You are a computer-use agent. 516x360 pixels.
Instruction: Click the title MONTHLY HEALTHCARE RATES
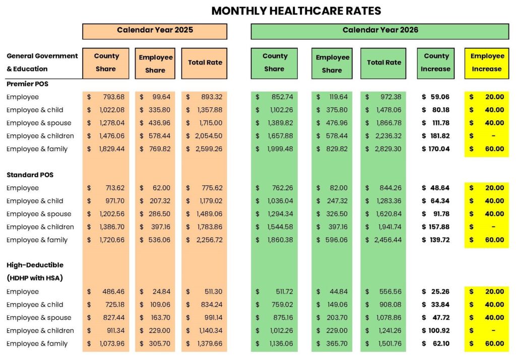click(x=296, y=11)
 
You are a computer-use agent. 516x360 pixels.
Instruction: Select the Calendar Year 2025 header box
click(x=155, y=30)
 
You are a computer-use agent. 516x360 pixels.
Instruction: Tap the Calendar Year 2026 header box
click(x=380, y=30)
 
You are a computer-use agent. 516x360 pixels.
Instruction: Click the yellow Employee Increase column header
click(x=487, y=63)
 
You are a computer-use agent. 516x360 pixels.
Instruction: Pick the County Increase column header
click(x=436, y=63)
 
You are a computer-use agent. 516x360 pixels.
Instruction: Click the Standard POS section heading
click(x=30, y=175)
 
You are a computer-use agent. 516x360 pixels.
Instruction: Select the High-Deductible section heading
click(x=35, y=265)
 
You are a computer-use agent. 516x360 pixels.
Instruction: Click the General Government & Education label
click(x=42, y=62)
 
